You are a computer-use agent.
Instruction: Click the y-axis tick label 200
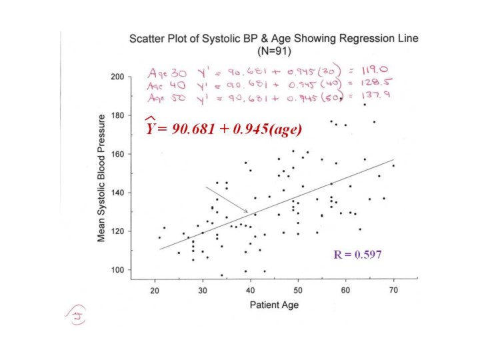click(116, 77)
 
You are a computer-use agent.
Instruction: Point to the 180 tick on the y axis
click(116, 116)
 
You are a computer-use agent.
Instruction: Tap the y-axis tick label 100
click(116, 270)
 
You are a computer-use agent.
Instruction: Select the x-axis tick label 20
click(155, 289)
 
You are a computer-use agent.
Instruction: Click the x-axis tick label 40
click(250, 289)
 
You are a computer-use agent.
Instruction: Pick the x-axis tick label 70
click(393, 289)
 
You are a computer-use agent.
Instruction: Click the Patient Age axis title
click(274, 305)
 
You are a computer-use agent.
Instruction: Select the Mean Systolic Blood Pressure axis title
click(103, 177)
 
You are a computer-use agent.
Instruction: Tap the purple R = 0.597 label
click(357, 254)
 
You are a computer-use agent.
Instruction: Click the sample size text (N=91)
click(273, 49)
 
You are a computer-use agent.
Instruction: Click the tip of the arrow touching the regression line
click(248, 213)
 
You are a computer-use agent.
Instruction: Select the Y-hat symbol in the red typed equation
click(151, 127)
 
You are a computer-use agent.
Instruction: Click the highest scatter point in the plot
click(365, 105)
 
